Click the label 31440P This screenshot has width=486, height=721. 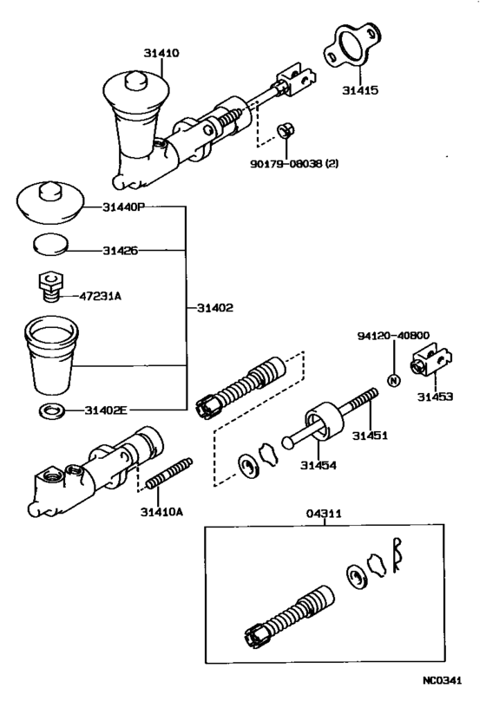point(124,207)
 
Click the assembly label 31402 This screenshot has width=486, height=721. point(214,307)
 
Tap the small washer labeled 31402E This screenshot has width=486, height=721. point(51,409)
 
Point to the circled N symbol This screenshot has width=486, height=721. point(392,379)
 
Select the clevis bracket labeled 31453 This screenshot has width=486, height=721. point(431,363)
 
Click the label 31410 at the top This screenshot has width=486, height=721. point(161,53)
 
